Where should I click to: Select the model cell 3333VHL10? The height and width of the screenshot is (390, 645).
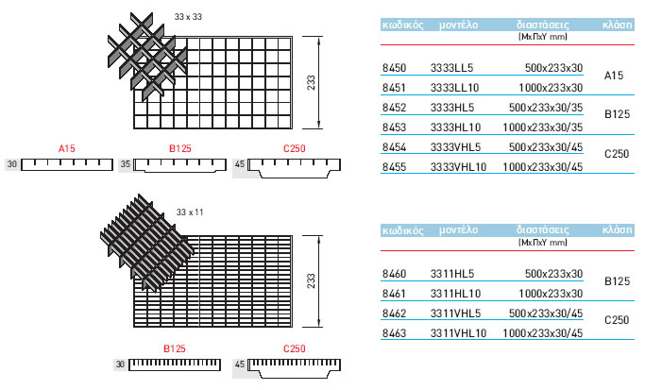pos(458,167)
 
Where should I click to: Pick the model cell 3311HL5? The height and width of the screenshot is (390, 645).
pos(452,273)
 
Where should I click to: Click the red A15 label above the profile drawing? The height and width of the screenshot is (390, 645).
pos(66,148)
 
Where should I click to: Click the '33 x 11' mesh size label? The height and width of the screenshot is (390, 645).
pos(190,212)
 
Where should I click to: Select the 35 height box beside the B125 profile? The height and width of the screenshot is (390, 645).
pos(125,164)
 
